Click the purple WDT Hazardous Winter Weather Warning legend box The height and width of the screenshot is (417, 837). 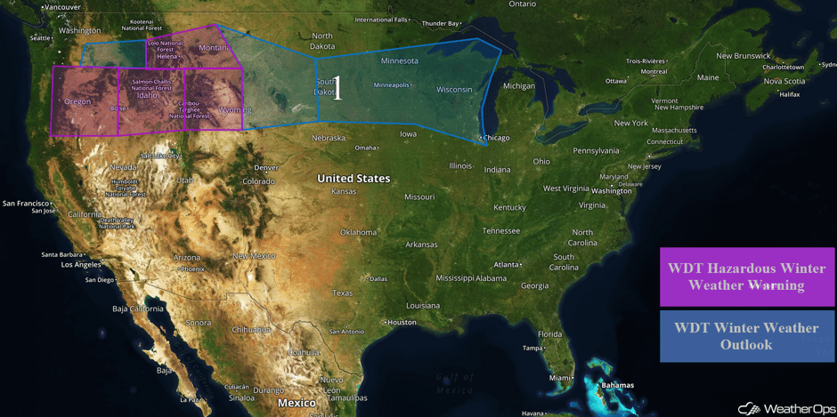(747, 277)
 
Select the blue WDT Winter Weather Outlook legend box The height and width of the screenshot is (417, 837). (747, 335)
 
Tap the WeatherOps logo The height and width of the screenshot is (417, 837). (784, 408)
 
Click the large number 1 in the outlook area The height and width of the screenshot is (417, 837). (337, 89)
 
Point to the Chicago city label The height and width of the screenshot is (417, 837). (496, 138)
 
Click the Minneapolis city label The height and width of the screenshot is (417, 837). (393, 85)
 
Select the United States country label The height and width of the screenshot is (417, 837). (353, 179)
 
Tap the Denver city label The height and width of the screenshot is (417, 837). (266, 167)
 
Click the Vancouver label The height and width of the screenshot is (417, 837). (61, 7)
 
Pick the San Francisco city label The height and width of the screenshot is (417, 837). (26, 203)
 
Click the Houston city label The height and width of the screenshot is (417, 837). (402, 322)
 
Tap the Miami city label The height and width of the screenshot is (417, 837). (560, 378)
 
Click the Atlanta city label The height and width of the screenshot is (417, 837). (508, 264)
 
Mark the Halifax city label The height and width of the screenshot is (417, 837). (789, 94)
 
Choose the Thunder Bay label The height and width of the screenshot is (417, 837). (441, 23)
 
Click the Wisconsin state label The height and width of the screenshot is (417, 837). (454, 90)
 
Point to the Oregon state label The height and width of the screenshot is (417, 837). (77, 102)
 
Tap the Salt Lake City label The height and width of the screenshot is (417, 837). (160, 156)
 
